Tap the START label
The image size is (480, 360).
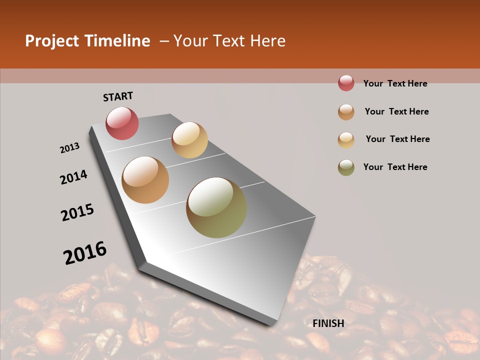tap(118, 96)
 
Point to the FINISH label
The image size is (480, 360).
tap(328, 323)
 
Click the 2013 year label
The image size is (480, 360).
tap(69, 148)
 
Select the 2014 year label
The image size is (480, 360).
tap(73, 177)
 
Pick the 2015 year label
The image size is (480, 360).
tap(77, 212)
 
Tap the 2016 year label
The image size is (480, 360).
tap(85, 252)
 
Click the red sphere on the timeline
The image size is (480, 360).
tap(122, 123)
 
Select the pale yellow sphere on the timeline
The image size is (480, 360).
tap(189, 140)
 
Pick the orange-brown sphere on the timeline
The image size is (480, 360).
tap(145, 180)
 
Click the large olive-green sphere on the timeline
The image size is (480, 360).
tap(216, 207)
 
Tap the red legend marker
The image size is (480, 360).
tap(346, 83)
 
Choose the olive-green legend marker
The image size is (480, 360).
tap(346, 167)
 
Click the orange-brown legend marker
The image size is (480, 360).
tap(346, 111)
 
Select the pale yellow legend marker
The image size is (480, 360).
tap(346, 139)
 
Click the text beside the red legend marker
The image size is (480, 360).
tap(395, 83)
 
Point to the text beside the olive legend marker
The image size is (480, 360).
tap(395, 167)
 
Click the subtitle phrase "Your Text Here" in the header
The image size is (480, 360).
tap(229, 41)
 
